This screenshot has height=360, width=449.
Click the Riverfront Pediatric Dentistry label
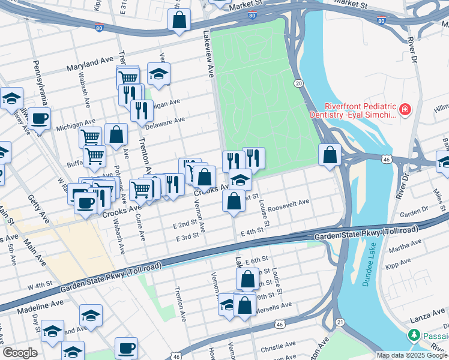click(353, 109)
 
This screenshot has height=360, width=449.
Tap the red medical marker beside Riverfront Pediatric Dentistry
click(406, 110)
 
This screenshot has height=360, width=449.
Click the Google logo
click(20, 353)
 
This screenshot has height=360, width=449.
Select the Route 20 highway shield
click(298, 83)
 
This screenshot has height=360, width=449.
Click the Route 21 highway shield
click(340, 322)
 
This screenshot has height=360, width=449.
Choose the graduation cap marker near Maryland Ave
click(158, 74)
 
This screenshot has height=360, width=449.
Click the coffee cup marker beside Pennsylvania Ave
click(39, 118)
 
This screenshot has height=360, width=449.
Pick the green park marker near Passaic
click(412, 334)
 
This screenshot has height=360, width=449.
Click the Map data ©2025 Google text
click(412, 355)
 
